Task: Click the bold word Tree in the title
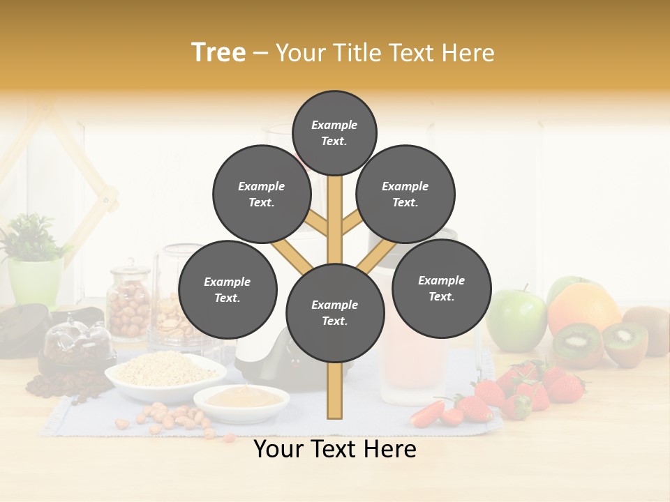point(218,53)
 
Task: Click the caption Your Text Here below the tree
point(335,450)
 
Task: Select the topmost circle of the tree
point(334,132)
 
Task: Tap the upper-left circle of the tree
point(262,195)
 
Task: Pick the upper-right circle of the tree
point(405,195)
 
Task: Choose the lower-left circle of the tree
point(228,290)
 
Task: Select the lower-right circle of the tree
point(441,289)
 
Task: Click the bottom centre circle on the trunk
point(335,313)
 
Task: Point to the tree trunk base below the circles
point(334,394)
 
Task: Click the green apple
point(517,321)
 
